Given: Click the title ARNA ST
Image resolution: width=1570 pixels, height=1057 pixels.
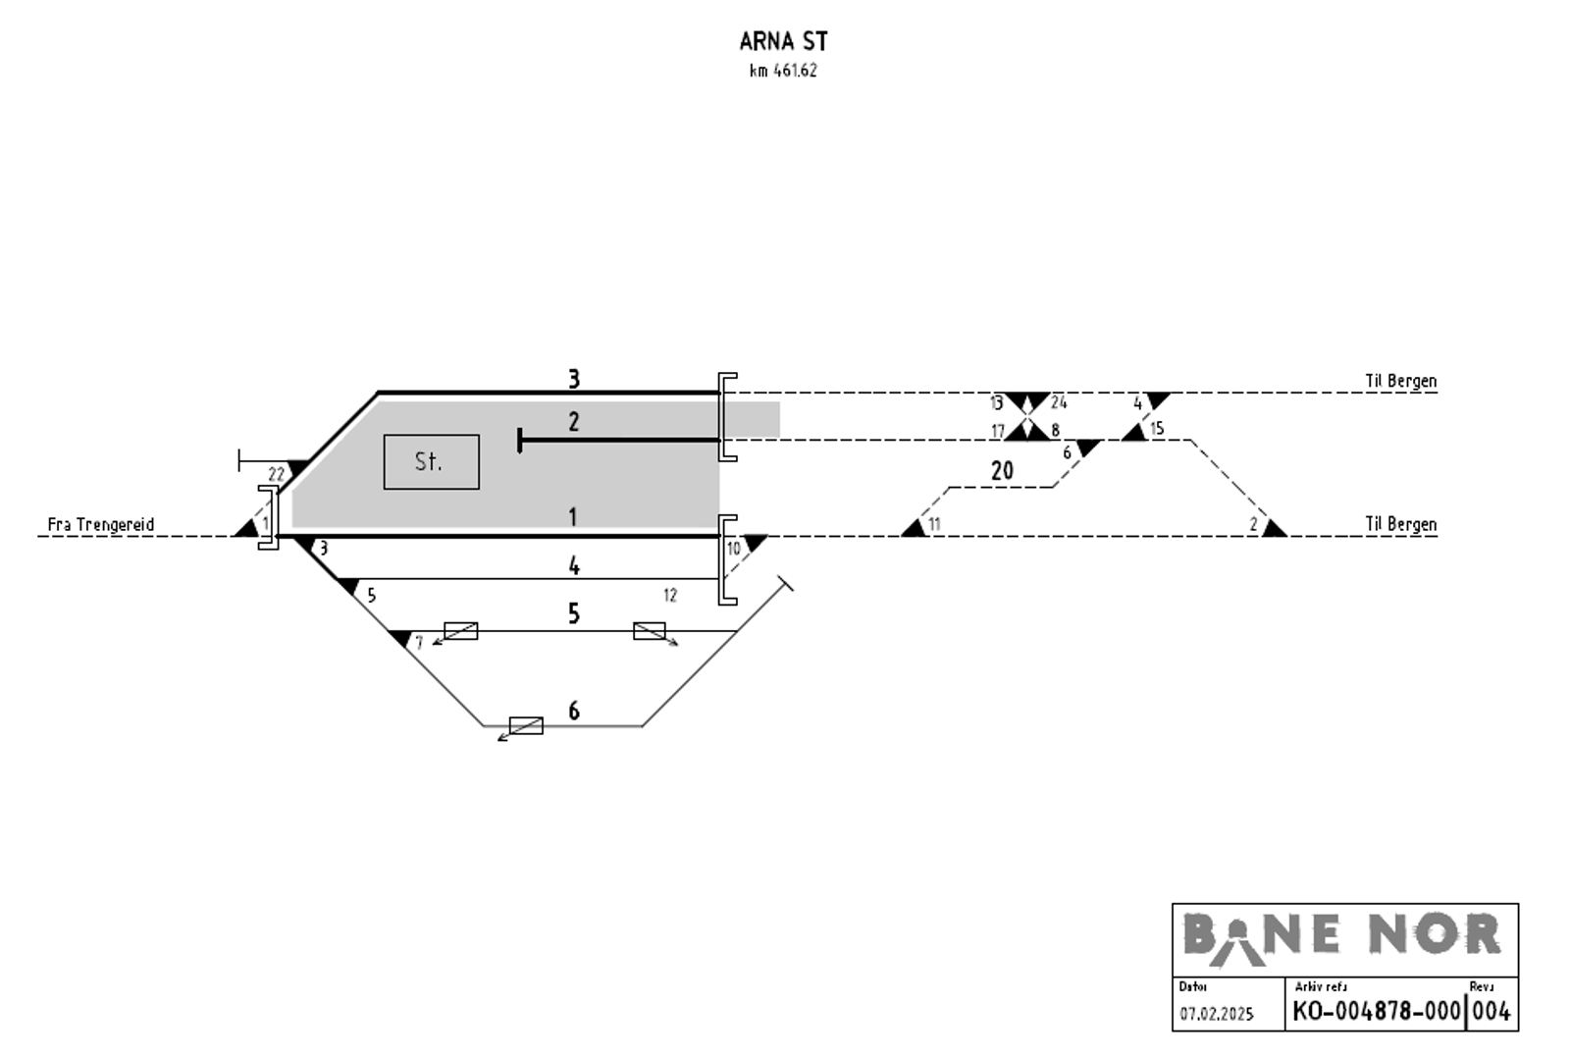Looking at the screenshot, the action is [784, 42].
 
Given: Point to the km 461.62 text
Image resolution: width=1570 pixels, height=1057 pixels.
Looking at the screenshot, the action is [783, 71].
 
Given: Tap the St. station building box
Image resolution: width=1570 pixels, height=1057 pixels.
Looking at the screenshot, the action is [431, 462].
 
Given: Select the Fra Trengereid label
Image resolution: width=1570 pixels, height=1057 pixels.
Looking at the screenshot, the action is [101, 524].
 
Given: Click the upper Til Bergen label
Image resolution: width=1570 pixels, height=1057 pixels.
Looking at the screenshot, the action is [1400, 382].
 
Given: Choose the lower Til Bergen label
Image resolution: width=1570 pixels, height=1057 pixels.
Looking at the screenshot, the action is [1400, 524].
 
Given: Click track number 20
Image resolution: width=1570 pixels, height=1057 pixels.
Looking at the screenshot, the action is [1002, 470].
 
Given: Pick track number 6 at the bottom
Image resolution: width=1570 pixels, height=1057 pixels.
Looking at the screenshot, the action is [574, 711].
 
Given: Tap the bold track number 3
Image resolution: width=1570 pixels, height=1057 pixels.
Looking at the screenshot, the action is [574, 379].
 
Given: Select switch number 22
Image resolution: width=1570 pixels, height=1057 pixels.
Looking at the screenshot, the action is [276, 475].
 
